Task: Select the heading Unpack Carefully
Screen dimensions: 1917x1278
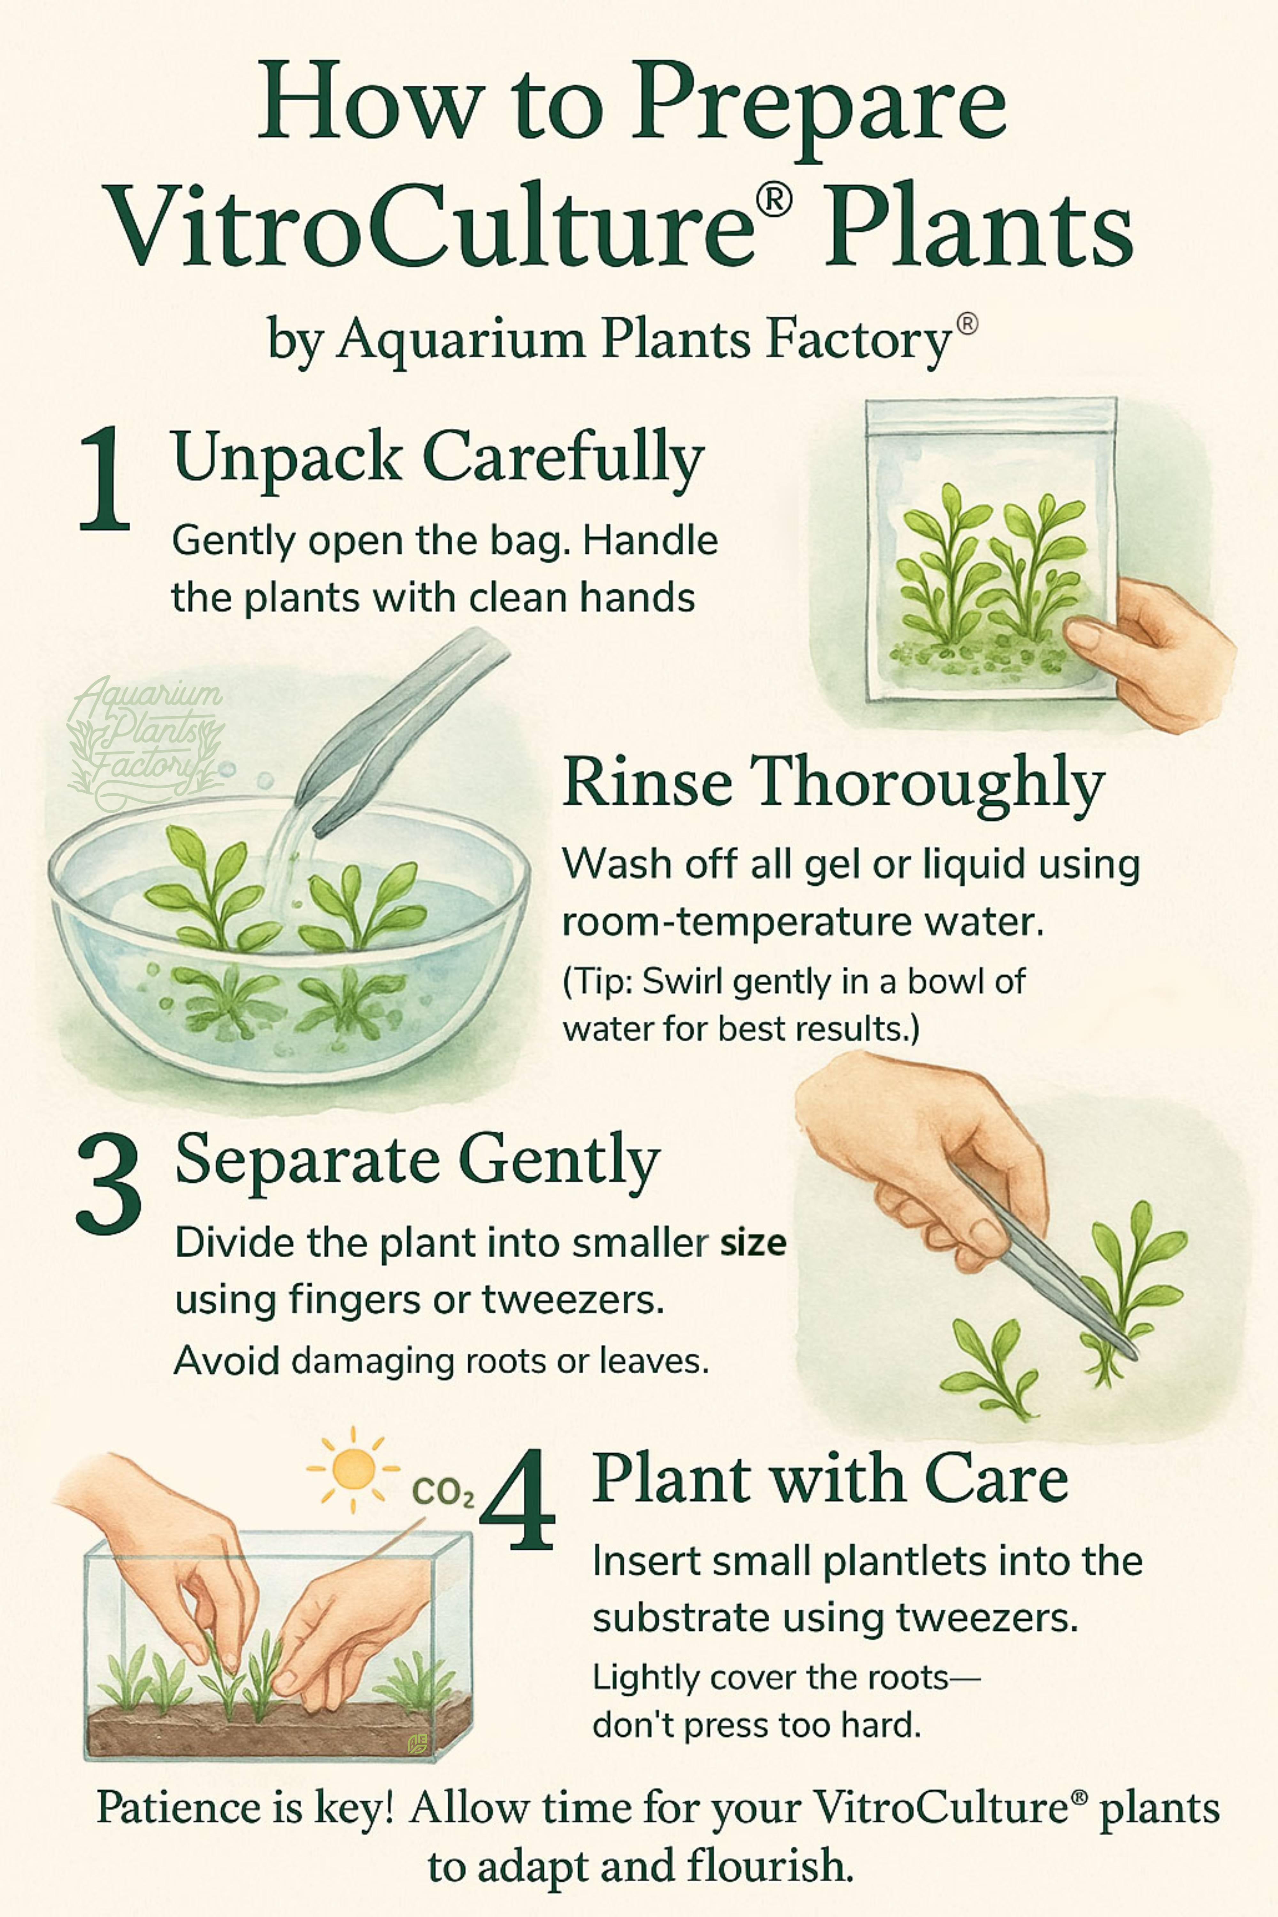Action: click(x=438, y=458)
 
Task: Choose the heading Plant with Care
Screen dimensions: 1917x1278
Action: click(x=830, y=1479)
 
